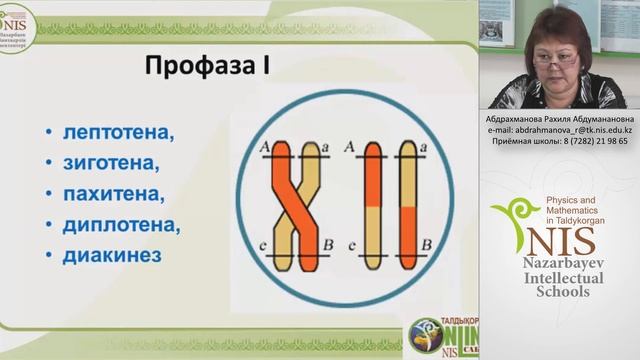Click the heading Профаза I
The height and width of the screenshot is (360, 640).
point(208,70)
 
